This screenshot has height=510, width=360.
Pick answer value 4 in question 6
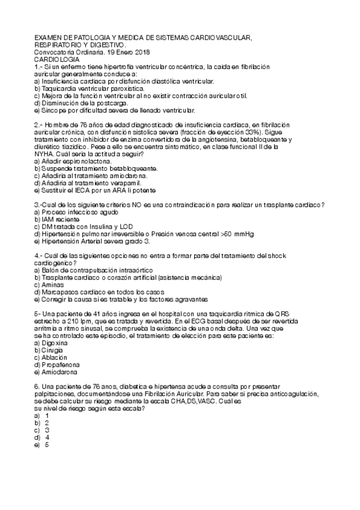coord(47,437)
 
